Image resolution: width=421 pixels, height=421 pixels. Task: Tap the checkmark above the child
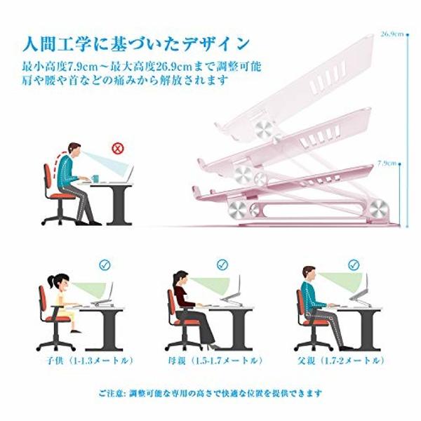point(105,265)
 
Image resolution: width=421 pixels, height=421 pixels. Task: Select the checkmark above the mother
point(222,265)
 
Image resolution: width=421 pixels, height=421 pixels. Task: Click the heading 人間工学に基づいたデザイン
point(135,44)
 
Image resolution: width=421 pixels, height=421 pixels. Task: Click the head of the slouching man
point(74,149)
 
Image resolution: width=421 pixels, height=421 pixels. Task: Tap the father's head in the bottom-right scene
point(309,274)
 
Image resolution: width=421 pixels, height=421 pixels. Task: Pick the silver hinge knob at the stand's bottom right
point(377,208)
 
